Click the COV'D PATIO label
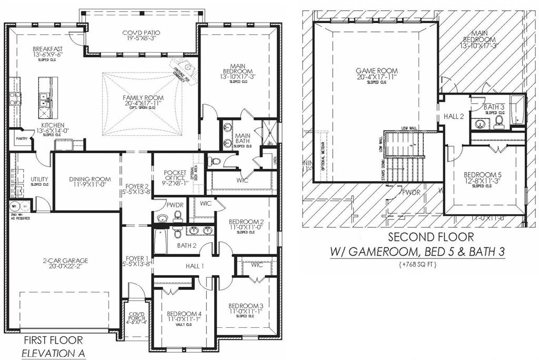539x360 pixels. coord(142,33)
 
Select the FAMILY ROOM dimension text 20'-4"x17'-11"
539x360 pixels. coord(143,104)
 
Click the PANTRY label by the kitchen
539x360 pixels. coord(21,138)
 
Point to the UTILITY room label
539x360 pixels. coord(39,179)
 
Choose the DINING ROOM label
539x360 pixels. coord(86,179)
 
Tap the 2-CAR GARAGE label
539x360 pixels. coord(65,260)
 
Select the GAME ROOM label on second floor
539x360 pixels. coord(376,71)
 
